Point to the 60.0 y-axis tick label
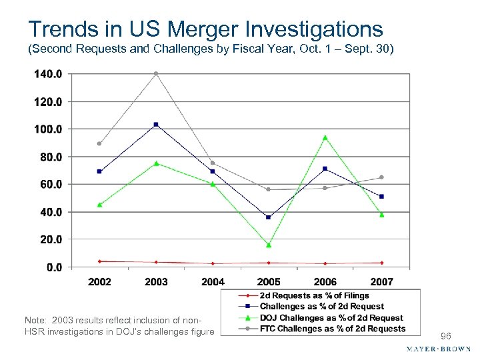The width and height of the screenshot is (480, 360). [50, 184]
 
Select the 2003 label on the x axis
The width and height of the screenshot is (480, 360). [156, 282]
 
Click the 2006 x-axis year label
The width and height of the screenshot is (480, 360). [325, 282]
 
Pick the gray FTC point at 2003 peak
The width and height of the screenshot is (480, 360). [156, 73]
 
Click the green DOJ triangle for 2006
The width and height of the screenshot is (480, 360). [325, 137]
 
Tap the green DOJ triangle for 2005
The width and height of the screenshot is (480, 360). [269, 245]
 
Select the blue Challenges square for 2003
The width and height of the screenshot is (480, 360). [156, 125]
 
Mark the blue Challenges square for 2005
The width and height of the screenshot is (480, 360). [269, 217]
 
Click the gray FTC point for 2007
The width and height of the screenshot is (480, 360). [381, 177]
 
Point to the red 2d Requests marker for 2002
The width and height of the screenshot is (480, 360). [99, 261]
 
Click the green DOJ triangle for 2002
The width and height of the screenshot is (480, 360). [99, 205]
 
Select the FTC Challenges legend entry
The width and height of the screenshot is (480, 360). [331, 328]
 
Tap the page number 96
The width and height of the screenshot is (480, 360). [445, 336]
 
